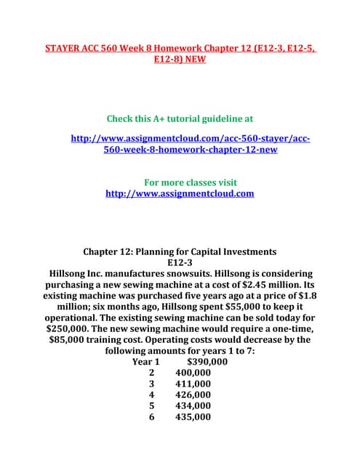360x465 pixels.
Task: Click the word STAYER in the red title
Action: coord(65,48)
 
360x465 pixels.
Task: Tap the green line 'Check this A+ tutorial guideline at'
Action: coord(180,118)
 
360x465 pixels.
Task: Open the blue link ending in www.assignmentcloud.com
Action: coord(180,193)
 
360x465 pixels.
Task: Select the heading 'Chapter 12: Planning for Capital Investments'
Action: coord(180,251)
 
